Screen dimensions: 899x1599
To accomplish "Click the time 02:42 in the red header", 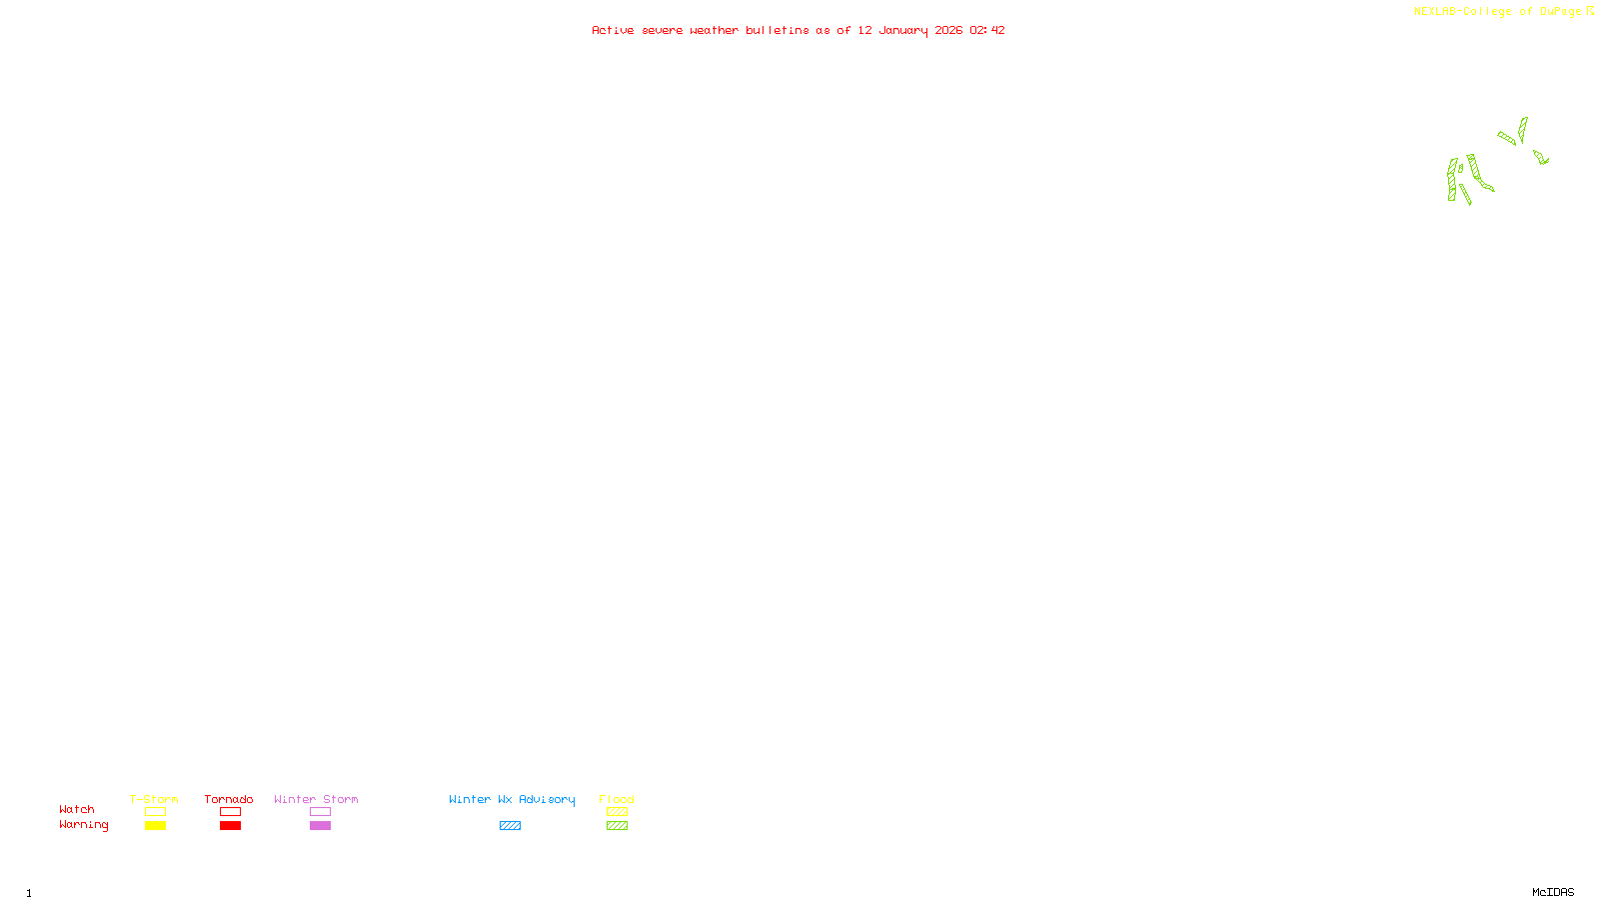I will [986, 31].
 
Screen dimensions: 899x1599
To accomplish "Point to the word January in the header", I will [902, 31].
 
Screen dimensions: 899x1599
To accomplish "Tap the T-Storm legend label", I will [154, 799].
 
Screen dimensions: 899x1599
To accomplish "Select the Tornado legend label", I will [229, 799].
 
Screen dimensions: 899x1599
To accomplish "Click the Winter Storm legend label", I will [316, 799].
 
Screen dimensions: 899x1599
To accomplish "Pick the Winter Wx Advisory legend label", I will [512, 799].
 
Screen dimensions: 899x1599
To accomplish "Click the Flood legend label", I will [617, 799].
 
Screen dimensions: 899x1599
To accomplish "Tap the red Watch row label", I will [77, 810].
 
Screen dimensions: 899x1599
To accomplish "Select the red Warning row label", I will [83, 825].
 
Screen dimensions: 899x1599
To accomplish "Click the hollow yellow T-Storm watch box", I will [155, 812].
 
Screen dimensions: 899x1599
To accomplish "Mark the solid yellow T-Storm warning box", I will [155, 826].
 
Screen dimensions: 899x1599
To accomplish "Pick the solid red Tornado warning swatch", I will [230, 826].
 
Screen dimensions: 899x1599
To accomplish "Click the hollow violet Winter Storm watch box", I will [320, 812].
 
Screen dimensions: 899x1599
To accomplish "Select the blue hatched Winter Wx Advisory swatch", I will [510, 826].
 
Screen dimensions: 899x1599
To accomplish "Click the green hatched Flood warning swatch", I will [617, 826].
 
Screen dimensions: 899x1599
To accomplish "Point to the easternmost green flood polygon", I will [1541, 157].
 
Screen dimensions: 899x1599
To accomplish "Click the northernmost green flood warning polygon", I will [1523, 128].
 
